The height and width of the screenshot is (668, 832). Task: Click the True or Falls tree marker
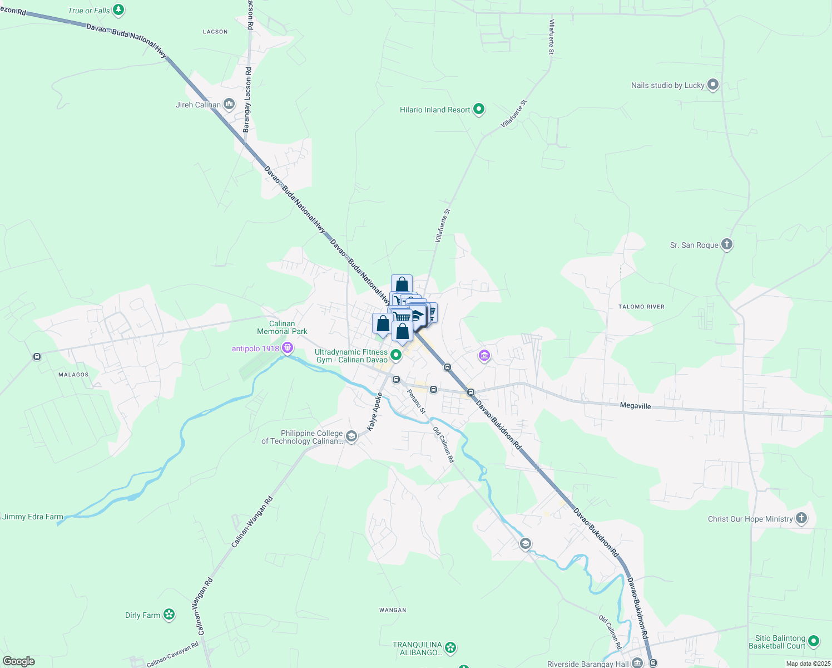(x=118, y=10)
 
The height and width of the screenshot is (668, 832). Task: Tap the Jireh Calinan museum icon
(x=229, y=104)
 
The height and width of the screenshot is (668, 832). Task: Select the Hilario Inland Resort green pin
(x=479, y=110)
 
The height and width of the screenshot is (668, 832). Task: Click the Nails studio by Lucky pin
(x=713, y=85)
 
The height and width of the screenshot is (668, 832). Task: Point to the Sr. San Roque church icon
(x=727, y=244)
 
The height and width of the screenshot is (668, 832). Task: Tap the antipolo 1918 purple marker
(x=288, y=348)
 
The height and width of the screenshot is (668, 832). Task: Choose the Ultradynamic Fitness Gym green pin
(x=396, y=355)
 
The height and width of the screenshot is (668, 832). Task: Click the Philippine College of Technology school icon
(x=351, y=436)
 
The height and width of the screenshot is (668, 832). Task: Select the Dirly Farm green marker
(x=169, y=615)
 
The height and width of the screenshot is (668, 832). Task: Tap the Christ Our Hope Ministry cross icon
(x=801, y=518)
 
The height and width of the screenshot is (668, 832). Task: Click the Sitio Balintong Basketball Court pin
(x=814, y=641)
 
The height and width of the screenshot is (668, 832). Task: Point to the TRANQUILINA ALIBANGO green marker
(x=450, y=647)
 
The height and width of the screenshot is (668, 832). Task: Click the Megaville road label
(x=635, y=406)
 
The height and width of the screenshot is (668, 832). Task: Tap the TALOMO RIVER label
(x=641, y=307)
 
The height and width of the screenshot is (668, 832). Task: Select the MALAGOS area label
(x=73, y=375)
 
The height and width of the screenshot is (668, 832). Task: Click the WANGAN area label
(x=393, y=610)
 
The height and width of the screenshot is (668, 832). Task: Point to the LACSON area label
(x=215, y=32)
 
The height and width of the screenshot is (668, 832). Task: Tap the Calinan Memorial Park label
(x=282, y=327)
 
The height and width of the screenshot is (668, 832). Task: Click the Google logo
(x=18, y=661)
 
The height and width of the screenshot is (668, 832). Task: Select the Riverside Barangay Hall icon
(x=637, y=662)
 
